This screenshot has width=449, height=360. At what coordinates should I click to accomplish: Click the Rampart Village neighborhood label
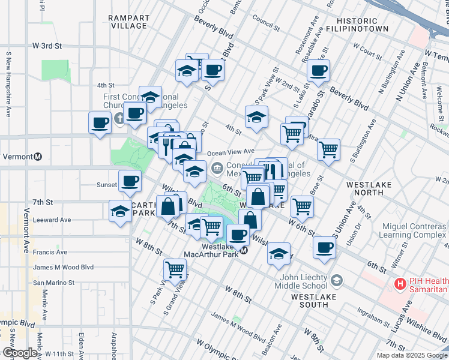(x=128, y=22)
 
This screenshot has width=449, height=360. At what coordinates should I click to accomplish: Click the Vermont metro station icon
(x=37, y=157)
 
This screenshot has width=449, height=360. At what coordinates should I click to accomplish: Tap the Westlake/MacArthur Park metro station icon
(x=244, y=251)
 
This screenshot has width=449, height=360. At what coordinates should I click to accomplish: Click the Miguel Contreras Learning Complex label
(x=414, y=232)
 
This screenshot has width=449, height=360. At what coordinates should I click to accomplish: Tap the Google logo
(x=19, y=353)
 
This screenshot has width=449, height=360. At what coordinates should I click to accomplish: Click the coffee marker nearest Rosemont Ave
(x=318, y=70)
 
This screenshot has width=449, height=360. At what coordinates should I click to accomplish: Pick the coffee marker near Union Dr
(x=325, y=247)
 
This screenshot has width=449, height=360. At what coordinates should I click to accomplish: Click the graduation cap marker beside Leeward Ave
(x=120, y=211)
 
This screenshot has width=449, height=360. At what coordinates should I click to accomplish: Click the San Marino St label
(x=53, y=282)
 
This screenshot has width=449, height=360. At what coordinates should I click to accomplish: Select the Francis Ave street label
(x=50, y=253)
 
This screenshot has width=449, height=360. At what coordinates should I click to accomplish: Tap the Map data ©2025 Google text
(x=412, y=355)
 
